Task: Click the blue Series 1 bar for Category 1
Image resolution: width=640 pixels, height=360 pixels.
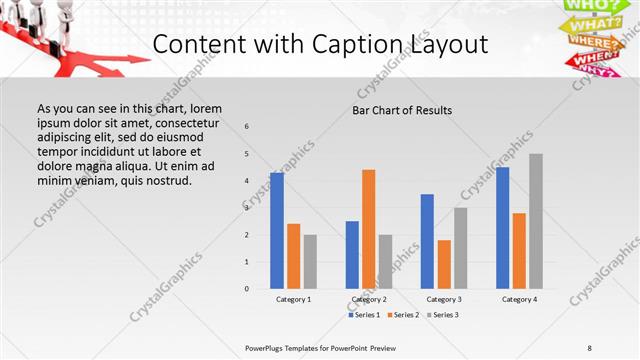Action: tap(277, 231)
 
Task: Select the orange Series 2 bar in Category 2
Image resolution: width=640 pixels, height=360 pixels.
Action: tap(369, 229)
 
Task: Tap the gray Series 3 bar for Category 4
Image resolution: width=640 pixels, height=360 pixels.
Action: tap(536, 221)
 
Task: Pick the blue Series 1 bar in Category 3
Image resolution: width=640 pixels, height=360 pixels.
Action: tap(427, 241)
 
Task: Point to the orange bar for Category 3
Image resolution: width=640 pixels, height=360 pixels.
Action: tap(444, 264)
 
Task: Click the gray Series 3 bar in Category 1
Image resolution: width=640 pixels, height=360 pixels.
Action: tap(310, 262)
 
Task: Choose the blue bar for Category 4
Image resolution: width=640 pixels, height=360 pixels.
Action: tap(502, 228)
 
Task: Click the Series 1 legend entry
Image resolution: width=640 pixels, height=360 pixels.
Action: tap(366, 315)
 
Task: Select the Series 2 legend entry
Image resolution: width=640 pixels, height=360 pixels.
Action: tap(404, 315)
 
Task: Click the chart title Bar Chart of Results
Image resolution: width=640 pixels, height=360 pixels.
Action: tap(402, 110)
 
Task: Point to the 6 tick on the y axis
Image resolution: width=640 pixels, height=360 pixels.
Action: tap(247, 126)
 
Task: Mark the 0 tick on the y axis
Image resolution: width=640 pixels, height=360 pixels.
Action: tap(247, 289)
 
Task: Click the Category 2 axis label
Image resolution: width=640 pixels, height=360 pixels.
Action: tap(369, 299)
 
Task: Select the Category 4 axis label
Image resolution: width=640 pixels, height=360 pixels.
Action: tap(519, 299)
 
